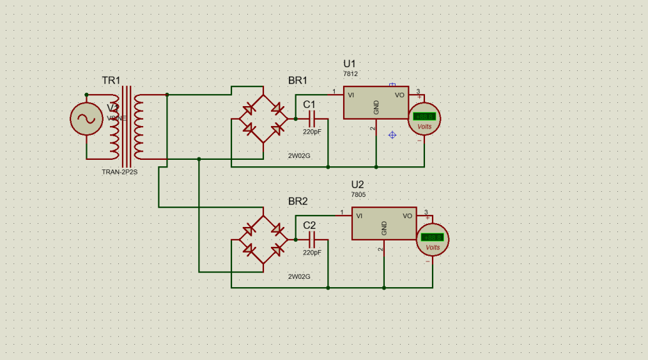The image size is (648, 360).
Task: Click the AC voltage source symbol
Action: pos(86,118)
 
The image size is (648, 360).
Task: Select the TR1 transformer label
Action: pos(111,81)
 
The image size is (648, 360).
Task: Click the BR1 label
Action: pos(298,81)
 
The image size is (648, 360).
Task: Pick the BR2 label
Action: pos(298,201)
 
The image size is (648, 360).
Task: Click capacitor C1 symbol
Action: pos(313,118)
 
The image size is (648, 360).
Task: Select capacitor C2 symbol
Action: pos(313,240)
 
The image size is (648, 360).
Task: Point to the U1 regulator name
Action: pos(350,64)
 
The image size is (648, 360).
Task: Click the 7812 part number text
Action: pos(351,74)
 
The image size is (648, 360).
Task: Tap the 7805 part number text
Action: pos(359,194)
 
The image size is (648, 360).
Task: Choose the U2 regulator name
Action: pos(358,184)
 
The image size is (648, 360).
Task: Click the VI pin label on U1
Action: pos(351,95)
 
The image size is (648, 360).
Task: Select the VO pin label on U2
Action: pos(408,215)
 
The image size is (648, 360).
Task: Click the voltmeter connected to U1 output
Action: pos(424,118)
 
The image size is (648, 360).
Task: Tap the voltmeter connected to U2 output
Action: pos(433,240)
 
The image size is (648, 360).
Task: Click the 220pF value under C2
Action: pos(312,253)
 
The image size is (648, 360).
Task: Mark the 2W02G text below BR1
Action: pos(299,156)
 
